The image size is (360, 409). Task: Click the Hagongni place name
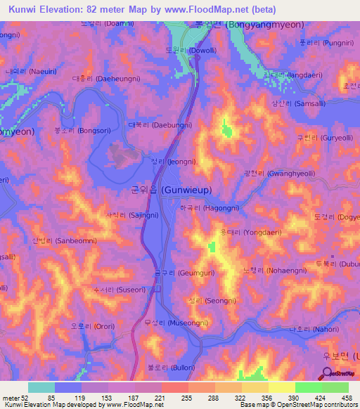coord(207,209)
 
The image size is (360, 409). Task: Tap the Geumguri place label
coord(185,272)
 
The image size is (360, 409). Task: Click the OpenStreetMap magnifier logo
coord(327,374)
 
